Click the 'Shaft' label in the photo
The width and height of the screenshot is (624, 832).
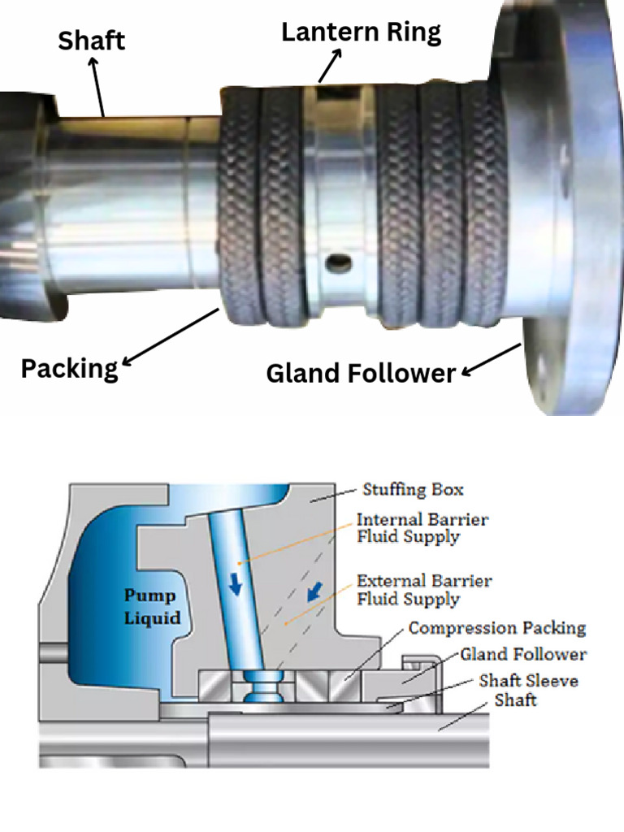91,40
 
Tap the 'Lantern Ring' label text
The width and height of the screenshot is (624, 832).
361,32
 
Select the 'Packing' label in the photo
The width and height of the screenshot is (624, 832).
69,368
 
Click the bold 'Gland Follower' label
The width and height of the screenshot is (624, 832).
361,373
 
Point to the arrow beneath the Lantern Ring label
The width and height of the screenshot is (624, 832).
330,66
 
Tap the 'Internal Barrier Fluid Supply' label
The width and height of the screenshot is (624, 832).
422,527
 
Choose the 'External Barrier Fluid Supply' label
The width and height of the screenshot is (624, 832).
424,591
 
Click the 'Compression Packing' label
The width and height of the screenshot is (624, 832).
496,628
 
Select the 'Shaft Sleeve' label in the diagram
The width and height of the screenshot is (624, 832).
528,680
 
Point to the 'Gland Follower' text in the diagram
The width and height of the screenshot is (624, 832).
523,654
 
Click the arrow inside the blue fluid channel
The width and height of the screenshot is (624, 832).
236,584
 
